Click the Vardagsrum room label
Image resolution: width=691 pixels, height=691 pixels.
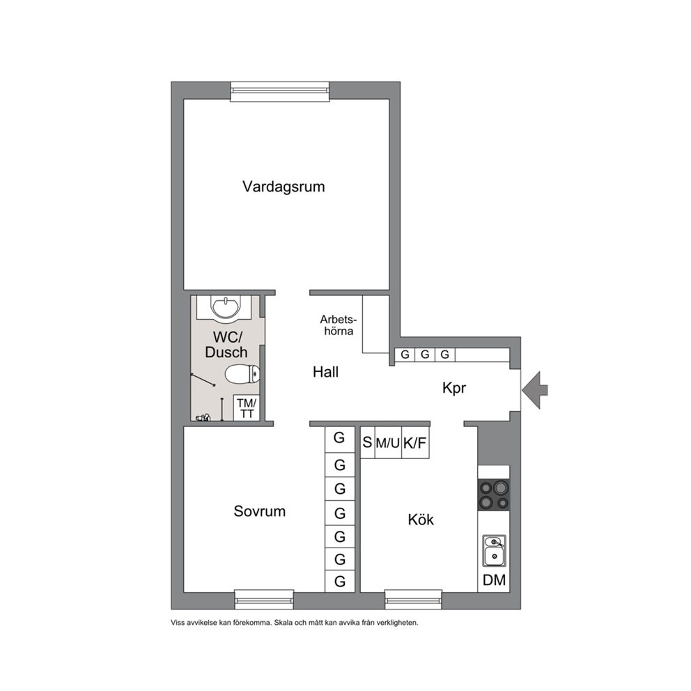click(x=284, y=187)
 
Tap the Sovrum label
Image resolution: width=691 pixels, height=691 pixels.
click(x=260, y=511)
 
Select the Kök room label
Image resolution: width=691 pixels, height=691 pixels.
click(x=421, y=520)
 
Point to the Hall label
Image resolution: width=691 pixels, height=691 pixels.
click(x=326, y=372)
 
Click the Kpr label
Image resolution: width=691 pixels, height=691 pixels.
click(x=454, y=388)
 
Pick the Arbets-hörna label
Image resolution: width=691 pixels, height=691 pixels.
click(x=339, y=325)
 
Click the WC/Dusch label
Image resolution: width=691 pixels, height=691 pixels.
click(x=226, y=345)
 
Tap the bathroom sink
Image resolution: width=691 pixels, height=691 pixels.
click(x=226, y=307)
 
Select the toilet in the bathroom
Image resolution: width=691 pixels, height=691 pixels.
click(x=242, y=375)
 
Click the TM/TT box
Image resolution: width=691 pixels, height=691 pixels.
click(x=247, y=408)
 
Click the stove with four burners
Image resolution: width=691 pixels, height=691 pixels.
click(x=494, y=495)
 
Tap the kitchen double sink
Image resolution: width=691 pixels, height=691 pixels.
click(x=494, y=551)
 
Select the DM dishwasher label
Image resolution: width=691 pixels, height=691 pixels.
click(x=495, y=580)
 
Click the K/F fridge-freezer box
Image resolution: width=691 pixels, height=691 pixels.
click(x=415, y=442)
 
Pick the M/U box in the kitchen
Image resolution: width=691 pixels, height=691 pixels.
click(x=388, y=442)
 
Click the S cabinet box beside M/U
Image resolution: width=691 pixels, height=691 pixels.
click(x=368, y=442)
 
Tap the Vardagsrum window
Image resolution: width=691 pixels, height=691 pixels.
click(x=280, y=91)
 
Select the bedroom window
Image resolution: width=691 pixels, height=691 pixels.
click(x=264, y=599)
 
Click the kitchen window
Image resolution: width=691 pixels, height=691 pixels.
click(x=413, y=599)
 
